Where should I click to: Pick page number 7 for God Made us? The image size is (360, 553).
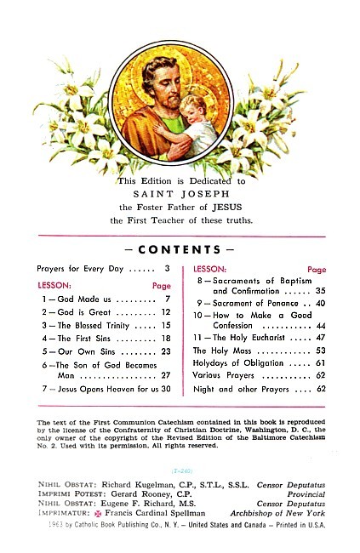click(169, 299)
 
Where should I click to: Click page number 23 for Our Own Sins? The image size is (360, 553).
click(166, 351)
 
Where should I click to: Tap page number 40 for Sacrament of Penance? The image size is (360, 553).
click(320, 303)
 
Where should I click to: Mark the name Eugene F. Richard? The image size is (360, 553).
click(142, 504)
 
